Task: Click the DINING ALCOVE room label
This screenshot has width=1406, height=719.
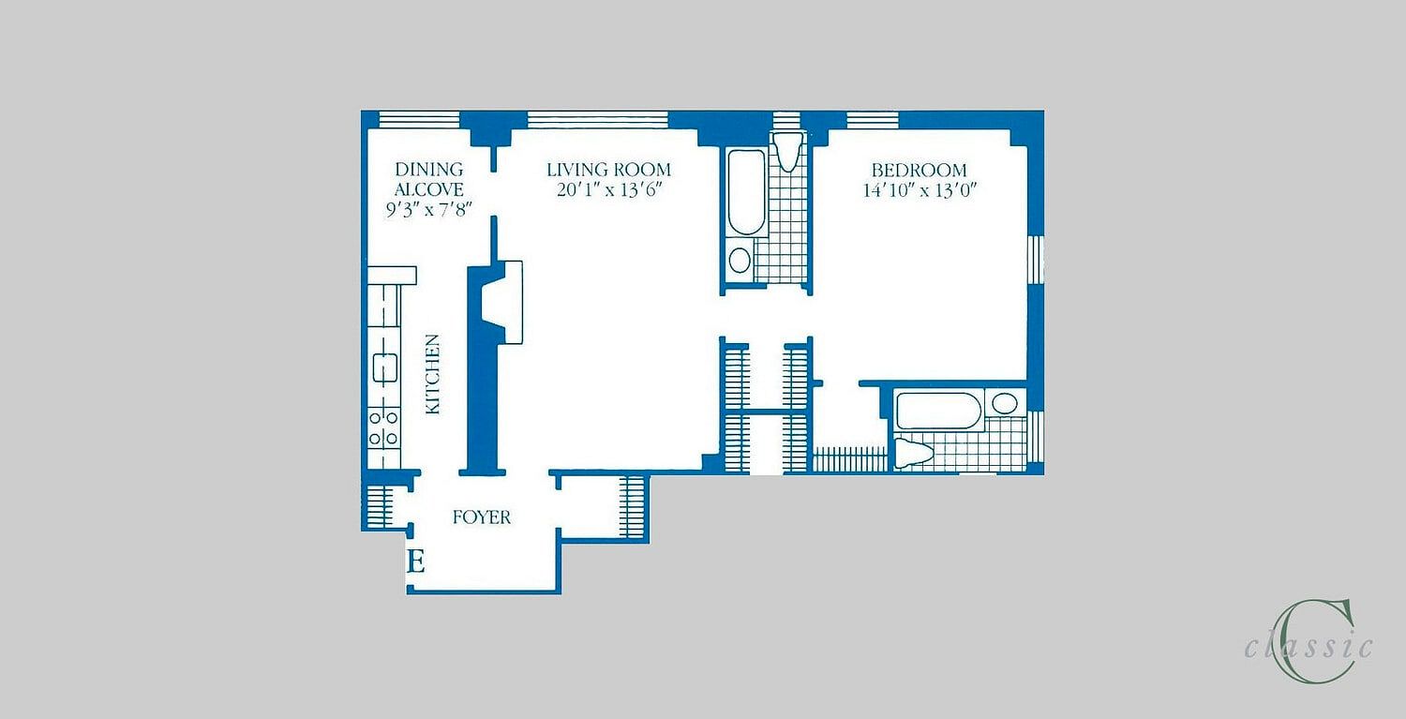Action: [x=429, y=180]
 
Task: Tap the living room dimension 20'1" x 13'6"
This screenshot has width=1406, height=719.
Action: [x=609, y=189]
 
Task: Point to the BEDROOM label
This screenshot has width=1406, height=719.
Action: [x=919, y=171]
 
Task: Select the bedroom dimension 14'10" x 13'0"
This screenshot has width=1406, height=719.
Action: [x=920, y=190]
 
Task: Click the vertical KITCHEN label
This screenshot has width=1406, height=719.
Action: [x=432, y=374]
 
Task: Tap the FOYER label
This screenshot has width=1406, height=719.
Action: [x=482, y=517]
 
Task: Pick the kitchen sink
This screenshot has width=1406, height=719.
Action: [x=384, y=368]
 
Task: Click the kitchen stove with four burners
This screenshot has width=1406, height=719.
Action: [x=383, y=427]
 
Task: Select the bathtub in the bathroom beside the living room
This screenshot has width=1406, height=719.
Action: [x=747, y=191]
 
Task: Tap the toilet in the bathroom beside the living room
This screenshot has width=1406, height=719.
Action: [x=787, y=151]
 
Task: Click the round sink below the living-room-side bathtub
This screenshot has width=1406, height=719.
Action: [x=740, y=260]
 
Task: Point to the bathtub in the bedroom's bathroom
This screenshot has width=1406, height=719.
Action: [x=938, y=411]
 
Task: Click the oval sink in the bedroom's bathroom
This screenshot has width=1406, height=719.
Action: [x=1005, y=404]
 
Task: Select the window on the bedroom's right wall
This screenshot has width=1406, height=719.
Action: [x=1035, y=259]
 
